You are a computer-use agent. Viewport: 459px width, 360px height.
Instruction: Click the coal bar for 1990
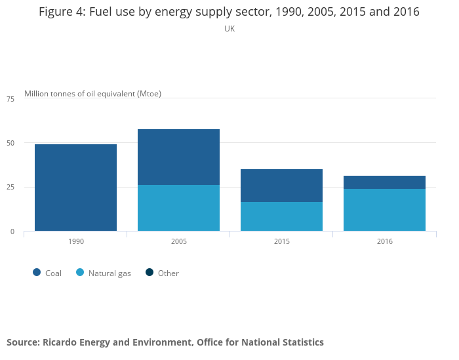point(75,188)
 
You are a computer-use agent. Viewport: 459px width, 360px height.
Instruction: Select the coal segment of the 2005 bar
point(178,157)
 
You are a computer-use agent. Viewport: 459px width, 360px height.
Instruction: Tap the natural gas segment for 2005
point(178,208)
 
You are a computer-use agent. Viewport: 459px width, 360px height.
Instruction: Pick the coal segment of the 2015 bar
point(281,186)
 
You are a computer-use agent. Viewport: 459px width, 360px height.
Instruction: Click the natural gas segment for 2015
point(281,216)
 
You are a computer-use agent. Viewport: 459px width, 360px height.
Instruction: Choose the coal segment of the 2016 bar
point(384,182)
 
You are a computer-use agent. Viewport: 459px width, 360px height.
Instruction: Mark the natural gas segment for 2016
point(384,210)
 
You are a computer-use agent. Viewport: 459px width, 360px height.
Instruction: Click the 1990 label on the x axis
point(76,242)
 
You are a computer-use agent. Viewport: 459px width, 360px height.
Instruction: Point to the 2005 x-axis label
point(179,242)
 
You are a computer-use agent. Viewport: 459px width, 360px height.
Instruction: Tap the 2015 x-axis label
point(282,242)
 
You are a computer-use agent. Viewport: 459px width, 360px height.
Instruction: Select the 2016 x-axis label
point(385,242)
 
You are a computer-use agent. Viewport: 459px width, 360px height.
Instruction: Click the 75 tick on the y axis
point(10,99)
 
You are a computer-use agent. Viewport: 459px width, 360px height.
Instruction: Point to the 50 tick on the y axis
point(10,143)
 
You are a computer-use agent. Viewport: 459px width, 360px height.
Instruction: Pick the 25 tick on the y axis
point(10,188)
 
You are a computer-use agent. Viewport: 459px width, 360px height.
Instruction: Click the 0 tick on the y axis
point(12,231)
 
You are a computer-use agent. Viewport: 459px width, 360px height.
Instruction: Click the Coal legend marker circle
point(37,273)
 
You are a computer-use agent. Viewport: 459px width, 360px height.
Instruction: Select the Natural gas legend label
point(110,273)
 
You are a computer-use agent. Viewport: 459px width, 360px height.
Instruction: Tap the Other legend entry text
point(169,273)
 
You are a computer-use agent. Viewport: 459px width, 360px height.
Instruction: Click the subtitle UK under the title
point(229,29)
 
